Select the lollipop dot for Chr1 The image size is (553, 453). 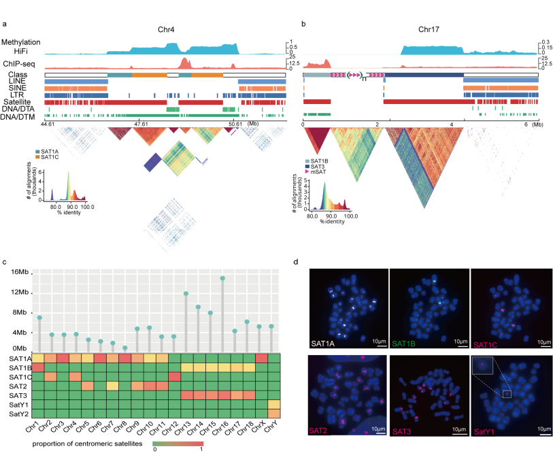pyautogui.click(x=40, y=318)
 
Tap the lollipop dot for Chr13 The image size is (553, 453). pyautogui.click(x=186, y=293)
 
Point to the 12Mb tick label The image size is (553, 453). pyautogui.click(x=19, y=292)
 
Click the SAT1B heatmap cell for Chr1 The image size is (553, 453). pyautogui.click(x=40, y=367)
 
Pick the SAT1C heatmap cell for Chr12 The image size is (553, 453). pyautogui.click(x=173, y=377)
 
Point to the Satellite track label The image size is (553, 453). pyautogui.click(x=24, y=102)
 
